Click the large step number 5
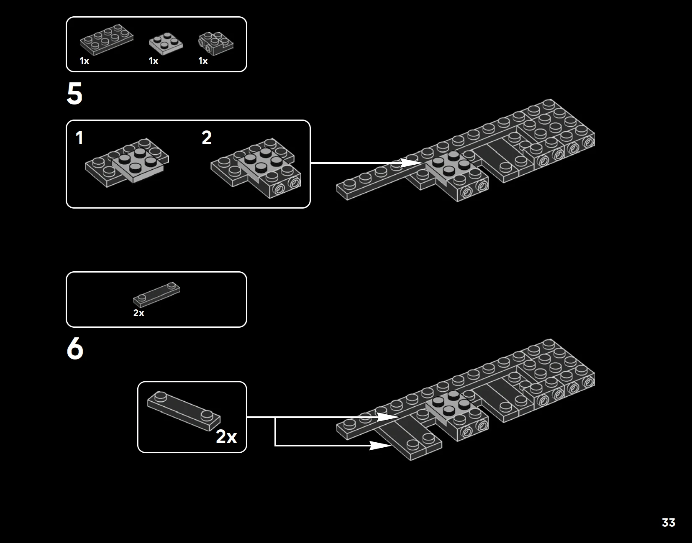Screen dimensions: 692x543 pyautogui.click(x=74, y=93)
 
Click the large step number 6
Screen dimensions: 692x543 pyautogui.click(x=75, y=349)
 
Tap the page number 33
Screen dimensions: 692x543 pyautogui.click(x=669, y=523)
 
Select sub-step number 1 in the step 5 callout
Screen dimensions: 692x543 pyautogui.click(x=79, y=138)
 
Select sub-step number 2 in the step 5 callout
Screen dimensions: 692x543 pyautogui.click(x=206, y=138)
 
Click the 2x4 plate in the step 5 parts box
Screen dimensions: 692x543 pyautogui.click(x=106, y=39)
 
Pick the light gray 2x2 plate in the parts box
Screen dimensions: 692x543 pyautogui.click(x=166, y=43)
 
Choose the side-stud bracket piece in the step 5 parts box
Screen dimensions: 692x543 pyautogui.click(x=216, y=43)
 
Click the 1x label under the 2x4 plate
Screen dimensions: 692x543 pyautogui.click(x=85, y=61)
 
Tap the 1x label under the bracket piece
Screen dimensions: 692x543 pyautogui.click(x=203, y=61)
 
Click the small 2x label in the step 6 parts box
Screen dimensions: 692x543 pyautogui.click(x=138, y=313)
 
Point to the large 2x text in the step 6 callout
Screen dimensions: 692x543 pyautogui.click(x=226, y=436)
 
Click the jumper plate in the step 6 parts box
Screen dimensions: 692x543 pyautogui.click(x=156, y=295)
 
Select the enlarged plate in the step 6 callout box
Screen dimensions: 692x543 pyautogui.click(x=183, y=411)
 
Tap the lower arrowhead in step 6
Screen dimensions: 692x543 pyautogui.click(x=381, y=445)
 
